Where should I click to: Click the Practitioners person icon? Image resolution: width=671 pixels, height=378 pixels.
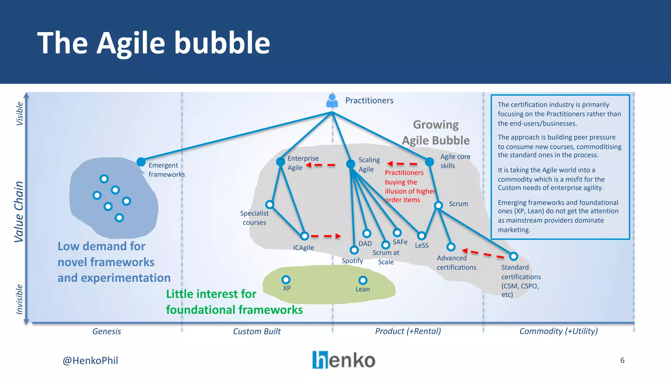tap(332, 101)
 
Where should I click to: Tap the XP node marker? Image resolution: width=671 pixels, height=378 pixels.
tap(286, 280)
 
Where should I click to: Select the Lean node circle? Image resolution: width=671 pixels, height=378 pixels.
tap(363, 280)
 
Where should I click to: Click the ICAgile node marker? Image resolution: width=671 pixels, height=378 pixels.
tap(305, 236)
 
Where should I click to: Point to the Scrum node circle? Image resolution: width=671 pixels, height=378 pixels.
tap(438, 205)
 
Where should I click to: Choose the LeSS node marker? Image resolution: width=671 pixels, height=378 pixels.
tap(421, 236)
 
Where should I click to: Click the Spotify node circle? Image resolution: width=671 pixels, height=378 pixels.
tap(354, 250)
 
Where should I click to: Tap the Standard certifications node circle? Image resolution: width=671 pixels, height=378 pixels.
tap(513, 256)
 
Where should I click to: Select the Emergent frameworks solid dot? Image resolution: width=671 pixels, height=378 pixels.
tap(141, 162)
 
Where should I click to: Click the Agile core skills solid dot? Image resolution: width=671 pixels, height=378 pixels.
tap(430, 162)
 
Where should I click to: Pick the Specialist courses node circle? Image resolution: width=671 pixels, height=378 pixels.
tap(270, 205)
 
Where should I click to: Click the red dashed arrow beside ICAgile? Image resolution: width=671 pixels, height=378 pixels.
tap(326, 236)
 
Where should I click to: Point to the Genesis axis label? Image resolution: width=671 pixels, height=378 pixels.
tap(106, 331)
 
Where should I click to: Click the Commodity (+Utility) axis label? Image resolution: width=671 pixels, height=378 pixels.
tap(559, 331)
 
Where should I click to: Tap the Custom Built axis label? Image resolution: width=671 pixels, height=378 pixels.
tap(257, 331)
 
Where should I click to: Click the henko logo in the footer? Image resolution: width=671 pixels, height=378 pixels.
tap(344, 360)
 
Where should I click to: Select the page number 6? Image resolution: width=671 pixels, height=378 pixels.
tap(622, 360)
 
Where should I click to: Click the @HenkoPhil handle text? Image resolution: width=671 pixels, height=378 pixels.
tap(90, 361)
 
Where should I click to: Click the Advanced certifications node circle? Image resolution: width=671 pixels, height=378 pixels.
tap(451, 247)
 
